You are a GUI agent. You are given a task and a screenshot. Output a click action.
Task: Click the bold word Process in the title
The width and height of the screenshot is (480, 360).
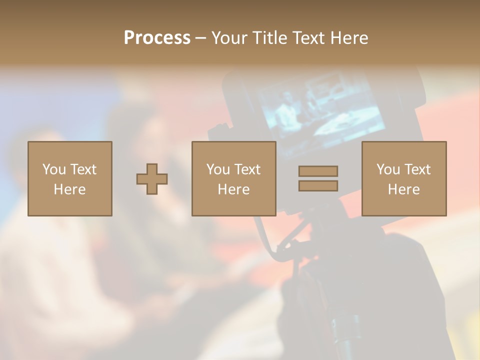coord(157,38)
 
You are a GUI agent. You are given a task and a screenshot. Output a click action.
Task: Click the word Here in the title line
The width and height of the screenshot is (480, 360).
coord(349,38)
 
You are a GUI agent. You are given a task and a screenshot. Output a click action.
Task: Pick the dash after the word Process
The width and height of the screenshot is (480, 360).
coord(200,38)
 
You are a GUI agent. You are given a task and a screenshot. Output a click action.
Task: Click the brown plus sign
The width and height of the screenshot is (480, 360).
coord(152,178)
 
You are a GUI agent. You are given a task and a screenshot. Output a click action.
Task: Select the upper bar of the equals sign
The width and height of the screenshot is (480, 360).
coord(318,171)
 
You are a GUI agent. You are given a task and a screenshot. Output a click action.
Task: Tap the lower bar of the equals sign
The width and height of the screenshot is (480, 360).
coord(318,186)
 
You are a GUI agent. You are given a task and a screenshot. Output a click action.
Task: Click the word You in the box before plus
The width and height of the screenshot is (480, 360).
coord(54,169)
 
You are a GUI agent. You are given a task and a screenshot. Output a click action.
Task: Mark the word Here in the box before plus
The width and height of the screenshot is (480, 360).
coord(69,189)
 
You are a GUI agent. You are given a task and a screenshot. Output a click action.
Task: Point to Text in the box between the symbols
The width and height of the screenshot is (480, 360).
coord(247,169)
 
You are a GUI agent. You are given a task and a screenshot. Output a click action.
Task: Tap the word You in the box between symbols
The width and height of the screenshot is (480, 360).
coord(218,169)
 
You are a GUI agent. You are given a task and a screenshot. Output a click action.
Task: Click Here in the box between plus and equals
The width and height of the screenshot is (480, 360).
coord(233,189)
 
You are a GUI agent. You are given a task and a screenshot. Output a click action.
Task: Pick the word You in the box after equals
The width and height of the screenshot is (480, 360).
coord(388,169)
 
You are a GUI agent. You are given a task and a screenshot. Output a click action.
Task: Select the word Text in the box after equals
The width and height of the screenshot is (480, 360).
coord(417,169)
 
